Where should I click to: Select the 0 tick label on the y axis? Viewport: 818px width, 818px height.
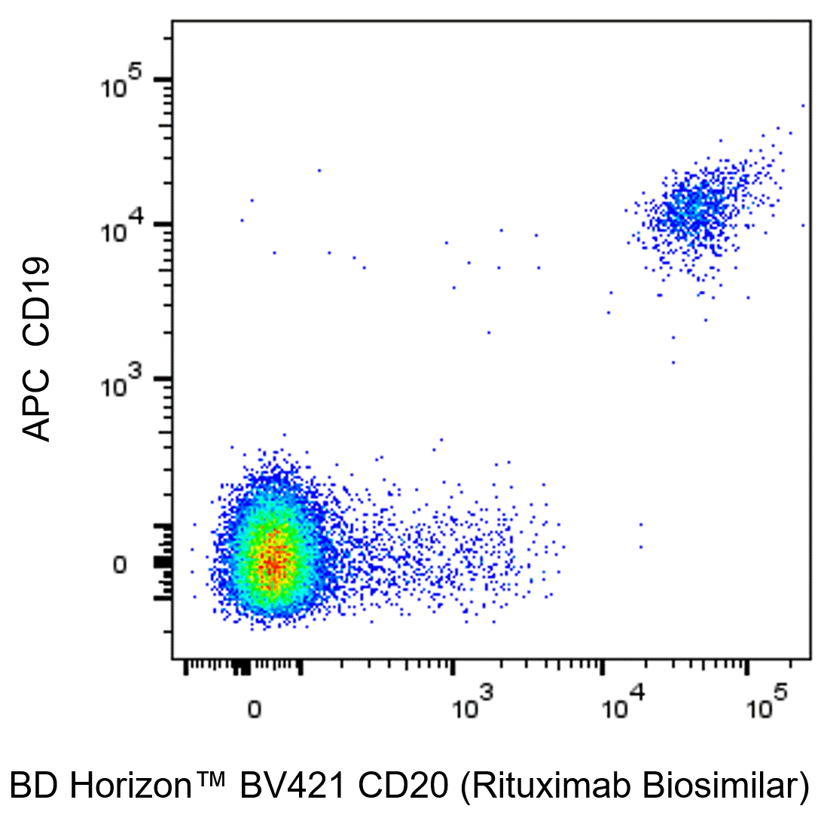[x=120, y=565]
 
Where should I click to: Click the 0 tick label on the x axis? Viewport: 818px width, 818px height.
[x=254, y=710]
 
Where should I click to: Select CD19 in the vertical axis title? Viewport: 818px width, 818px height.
[x=36, y=301]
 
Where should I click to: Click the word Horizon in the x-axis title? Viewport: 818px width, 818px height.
[x=130, y=786]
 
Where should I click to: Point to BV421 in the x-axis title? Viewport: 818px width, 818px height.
[x=291, y=786]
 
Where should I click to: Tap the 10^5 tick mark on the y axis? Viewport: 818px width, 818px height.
[x=163, y=79]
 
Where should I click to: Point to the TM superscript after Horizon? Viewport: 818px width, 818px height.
[x=210, y=777]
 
